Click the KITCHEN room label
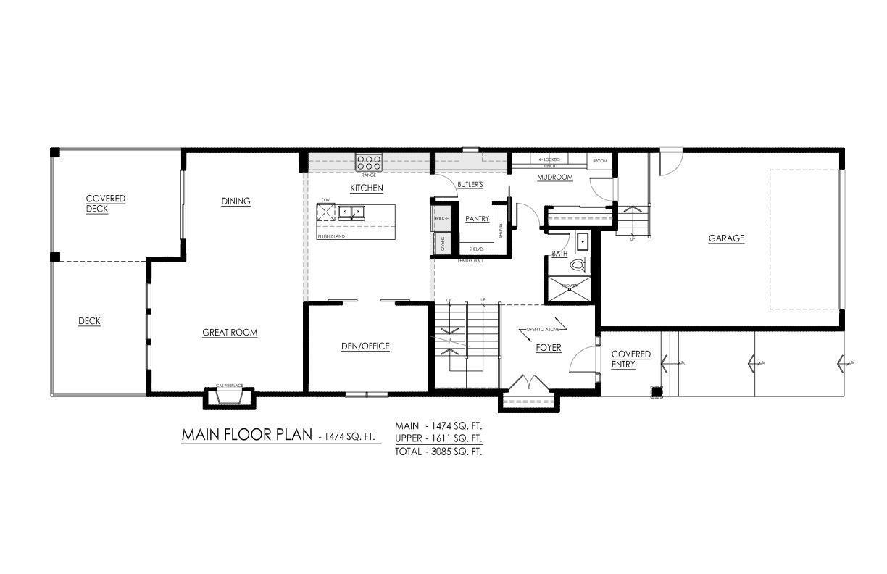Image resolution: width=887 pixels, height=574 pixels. [366, 188]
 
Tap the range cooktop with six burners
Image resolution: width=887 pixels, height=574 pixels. [369, 162]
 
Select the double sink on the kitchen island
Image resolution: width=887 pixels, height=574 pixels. [353, 212]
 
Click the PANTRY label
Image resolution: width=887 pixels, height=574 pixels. [477, 219]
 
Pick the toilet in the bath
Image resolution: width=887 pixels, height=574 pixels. [578, 265]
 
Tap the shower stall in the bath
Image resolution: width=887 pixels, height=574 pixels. [570, 287]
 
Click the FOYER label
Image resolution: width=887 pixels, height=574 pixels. [548, 348]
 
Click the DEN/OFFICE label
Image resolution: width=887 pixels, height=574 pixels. [365, 346]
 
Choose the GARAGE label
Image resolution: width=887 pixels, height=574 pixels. [726, 238]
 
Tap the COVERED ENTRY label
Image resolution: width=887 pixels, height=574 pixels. [630, 359]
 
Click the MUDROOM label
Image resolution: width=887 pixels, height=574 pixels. [555, 177]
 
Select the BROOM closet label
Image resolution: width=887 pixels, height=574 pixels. [599, 161]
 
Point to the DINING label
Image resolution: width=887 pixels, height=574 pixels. [236, 201]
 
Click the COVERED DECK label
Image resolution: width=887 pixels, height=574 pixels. [105, 204]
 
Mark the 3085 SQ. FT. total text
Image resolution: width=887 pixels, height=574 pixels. [439, 451]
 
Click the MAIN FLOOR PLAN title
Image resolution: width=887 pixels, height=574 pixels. [247, 435]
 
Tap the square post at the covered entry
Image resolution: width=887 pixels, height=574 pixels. [656, 392]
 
